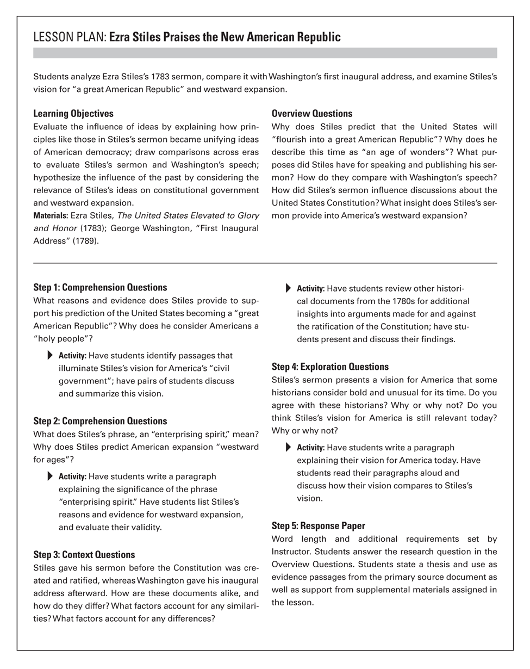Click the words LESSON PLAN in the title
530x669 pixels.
tap(70, 38)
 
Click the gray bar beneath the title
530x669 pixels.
tap(265, 53)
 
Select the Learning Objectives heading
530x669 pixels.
tap(73, 114)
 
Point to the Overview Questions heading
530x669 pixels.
tap(312, 114)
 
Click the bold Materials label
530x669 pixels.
tap(51, 216)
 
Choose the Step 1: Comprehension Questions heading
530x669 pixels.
tap(100, 287)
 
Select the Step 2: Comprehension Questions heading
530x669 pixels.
tap(100, 421)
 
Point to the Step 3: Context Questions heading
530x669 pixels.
tap(84, 555)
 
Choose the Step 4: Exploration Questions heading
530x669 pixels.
tap(330, 367)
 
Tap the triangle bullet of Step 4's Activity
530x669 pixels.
tap(289, 448)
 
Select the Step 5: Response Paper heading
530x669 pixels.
tap(318, 526)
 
